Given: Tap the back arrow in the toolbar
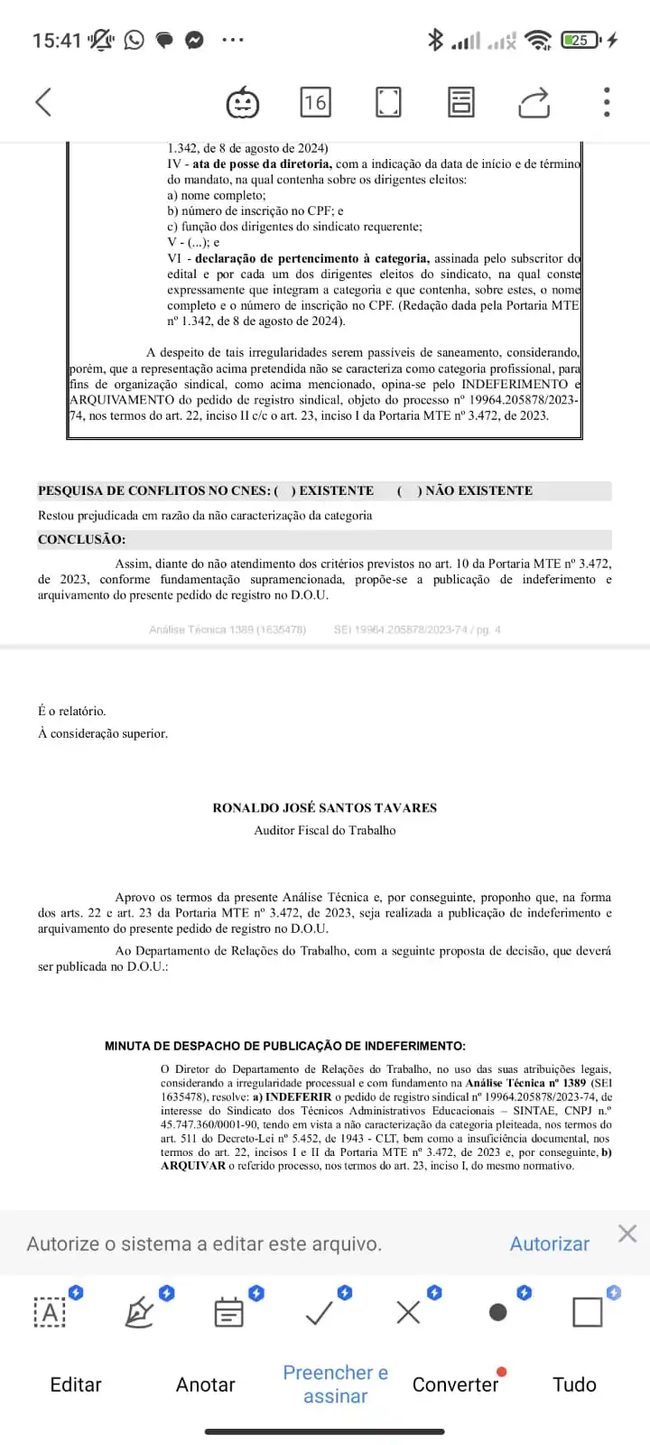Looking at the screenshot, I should tap(43, 102).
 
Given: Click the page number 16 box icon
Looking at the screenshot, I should tap(315, 102).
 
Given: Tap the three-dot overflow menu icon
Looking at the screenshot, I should tap(607, 102).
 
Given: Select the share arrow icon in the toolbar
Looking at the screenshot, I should tap(534, 102).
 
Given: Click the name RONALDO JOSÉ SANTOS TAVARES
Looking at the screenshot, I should tap(324, 807).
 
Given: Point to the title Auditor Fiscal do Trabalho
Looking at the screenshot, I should tap(324, 830).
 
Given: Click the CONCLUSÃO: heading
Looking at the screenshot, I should tap(81, 539).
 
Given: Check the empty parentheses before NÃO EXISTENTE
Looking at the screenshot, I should tap(409, 490).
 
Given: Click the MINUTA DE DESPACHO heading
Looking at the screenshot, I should tap(284, 1046).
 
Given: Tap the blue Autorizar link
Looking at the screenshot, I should tap(549, 1244).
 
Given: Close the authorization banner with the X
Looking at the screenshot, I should tap(627, 1234).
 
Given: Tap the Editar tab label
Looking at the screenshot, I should tap(76, 1384).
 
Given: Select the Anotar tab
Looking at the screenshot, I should tap(205, 1384).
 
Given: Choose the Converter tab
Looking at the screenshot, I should tap(455, 1384).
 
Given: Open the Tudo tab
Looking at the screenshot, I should tap(574, 1384).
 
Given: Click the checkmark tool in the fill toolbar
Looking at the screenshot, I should tap(320, 1312).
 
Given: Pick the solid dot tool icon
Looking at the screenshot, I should tap(497, 1312).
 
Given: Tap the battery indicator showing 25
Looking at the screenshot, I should tap(580, 40).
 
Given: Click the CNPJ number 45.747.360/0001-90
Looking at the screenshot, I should tap(210, 1124).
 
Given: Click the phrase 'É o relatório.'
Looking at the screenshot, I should tap(72, 711).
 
